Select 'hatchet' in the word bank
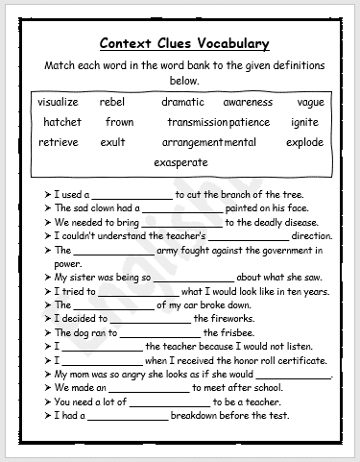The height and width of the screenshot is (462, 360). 61,122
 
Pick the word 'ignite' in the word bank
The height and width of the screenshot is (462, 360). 304,122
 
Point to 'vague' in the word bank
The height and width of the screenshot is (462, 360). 310,102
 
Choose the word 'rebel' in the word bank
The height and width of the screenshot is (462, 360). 112,102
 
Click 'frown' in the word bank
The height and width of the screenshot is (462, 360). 120,122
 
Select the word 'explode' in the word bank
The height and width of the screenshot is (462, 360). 304,142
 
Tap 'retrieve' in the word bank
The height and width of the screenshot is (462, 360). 58,142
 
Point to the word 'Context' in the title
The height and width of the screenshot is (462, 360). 132,43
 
